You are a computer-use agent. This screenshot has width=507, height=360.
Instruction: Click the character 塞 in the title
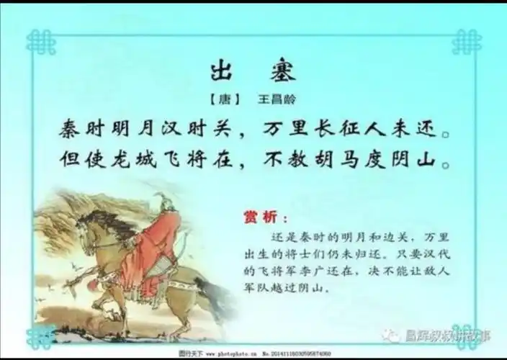[282, 71]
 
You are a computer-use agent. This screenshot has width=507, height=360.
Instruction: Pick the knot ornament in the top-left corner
[40, 42]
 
